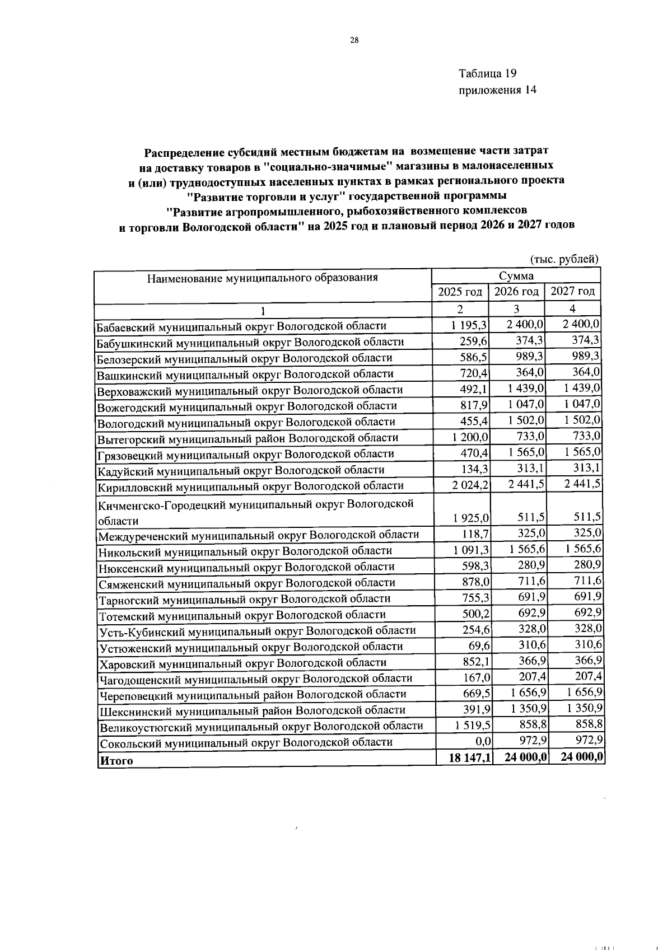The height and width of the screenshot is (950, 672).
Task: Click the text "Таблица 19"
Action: [487, 73]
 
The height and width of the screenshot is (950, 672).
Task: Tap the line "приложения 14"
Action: [497, 90]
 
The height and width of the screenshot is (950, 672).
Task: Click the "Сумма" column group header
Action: [516, 275]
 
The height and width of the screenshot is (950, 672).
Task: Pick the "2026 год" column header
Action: [516, 292]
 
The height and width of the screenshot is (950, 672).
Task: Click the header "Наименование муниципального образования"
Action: [262, 277]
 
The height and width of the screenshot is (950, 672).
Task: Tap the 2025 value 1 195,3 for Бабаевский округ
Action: [469, 325]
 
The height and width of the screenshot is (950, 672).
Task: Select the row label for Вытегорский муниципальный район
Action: [248, 438]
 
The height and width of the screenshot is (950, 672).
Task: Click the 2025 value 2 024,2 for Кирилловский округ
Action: [470, 485]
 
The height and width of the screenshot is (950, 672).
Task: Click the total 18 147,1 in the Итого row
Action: [470, 757]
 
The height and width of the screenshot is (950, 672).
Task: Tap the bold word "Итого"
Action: [116, 761]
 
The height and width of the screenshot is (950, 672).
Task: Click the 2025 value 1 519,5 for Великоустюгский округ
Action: [472, 725]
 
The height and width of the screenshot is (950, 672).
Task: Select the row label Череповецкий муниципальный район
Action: [253, 694]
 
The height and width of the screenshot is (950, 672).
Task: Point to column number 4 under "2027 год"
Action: [572, 308]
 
